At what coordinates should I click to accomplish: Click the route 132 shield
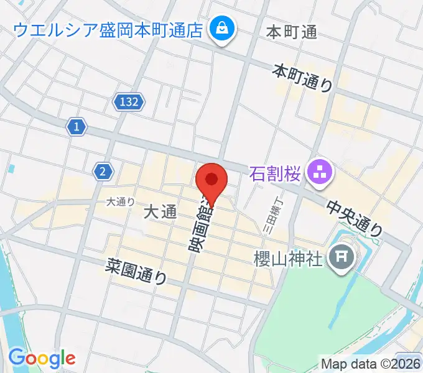[x=129, y=101]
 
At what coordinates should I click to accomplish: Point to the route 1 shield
[x=76, y=127]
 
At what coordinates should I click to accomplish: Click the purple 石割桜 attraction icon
[x=322, y=172]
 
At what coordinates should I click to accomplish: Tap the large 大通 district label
[x=160, y=213]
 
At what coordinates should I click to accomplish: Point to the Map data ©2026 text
[x=371, y=364]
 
